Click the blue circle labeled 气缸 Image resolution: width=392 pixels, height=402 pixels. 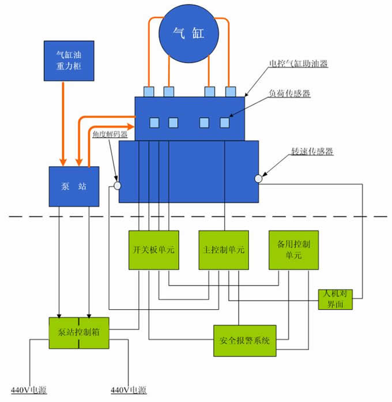coord(189,33)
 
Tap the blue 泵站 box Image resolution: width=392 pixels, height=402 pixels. coord(73,186)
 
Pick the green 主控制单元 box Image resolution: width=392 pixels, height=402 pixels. coord(223,250)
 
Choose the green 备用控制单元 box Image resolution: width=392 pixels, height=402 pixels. coord(293,250)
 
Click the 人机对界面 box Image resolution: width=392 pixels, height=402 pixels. coord(334,298)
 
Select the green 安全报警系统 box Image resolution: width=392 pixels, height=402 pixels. coord(246,339)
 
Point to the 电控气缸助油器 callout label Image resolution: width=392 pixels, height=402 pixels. coord(299,64)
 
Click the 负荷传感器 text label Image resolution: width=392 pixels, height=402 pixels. coord(289,93)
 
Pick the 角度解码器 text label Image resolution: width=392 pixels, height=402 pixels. coord(110,134)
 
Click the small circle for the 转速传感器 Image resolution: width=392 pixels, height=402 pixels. coord(259,179)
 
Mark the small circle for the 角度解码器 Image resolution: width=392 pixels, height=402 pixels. coord(117,186)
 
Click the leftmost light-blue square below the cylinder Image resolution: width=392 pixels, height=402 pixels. coord(149,92)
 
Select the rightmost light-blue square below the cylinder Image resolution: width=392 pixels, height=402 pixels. coord(231,92)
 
